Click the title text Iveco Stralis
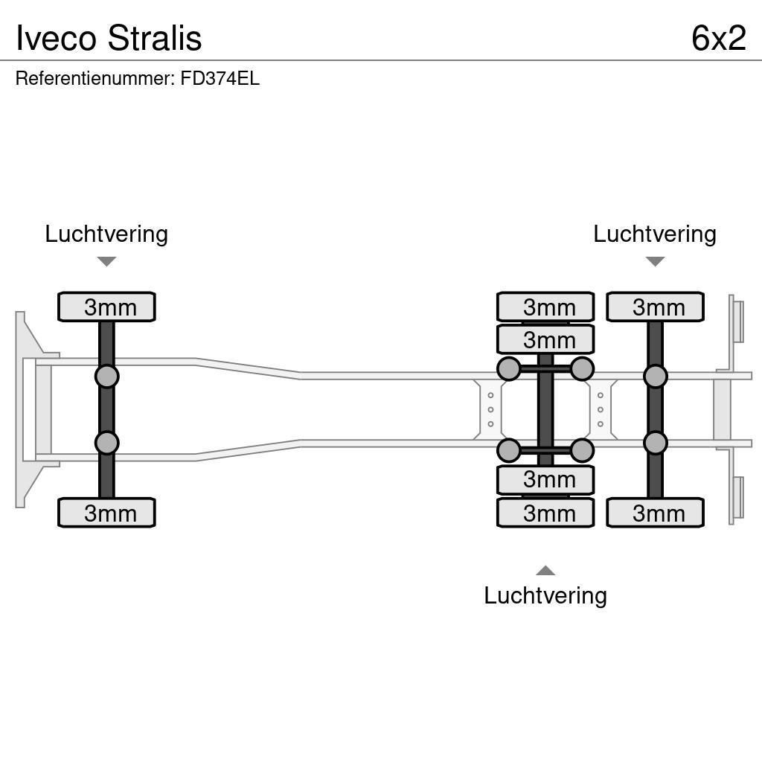109,38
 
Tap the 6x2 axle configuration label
718,38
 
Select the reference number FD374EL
220,79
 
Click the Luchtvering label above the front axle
106,234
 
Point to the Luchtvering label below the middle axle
545,595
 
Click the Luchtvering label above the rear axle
655,234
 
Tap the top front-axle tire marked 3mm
106,307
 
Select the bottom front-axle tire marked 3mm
106,513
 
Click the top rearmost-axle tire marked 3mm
655,307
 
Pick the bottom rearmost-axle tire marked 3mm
655,513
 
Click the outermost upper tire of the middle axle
545,307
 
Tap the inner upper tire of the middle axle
545,339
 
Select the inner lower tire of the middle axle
545,480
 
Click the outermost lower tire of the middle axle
545,513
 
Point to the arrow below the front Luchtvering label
106,261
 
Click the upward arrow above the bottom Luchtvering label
545,571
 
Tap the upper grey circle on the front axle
106,377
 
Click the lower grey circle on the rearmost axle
655,444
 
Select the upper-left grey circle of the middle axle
509,369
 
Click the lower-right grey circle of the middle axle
582,450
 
